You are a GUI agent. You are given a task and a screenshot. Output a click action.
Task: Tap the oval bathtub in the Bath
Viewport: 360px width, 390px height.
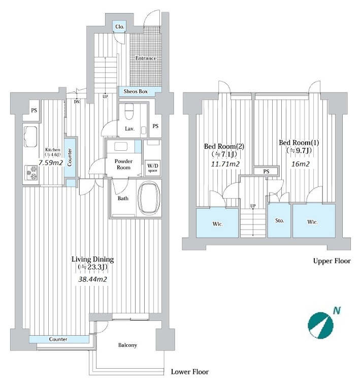(x=149, y=198)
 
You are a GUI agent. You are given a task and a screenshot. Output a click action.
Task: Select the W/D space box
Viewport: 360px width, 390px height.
(x=153, y=168)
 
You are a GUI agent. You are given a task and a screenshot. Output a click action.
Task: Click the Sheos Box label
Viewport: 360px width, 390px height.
(x=136, y=91)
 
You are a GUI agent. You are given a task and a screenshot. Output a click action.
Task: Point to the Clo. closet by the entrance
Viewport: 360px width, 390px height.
(x=120, y=26)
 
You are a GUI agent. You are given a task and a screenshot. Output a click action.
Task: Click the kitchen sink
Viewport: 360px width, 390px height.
(x=31, y=137)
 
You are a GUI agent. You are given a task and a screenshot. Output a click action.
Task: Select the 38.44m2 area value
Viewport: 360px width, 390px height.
(x=92, y=279)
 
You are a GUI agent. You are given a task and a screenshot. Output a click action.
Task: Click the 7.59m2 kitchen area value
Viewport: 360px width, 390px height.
(x=51, y=162)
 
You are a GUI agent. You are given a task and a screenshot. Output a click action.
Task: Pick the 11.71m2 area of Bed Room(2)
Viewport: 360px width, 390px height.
(x=225, y=164)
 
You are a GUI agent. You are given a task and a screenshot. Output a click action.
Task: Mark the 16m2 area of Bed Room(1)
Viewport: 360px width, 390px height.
(x=300, y=164)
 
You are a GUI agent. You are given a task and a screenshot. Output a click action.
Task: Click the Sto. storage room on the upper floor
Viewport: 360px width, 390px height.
(x=279, y=220)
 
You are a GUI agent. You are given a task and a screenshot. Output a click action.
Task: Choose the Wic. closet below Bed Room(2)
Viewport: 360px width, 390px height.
(x=217, y=223)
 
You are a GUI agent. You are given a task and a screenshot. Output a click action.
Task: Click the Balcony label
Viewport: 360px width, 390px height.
(x=127, y=345)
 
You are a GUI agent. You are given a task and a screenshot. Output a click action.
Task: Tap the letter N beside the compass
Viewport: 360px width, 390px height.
(x=337, y=310)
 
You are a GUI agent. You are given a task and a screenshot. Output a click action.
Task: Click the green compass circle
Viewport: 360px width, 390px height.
(x=320, y=325)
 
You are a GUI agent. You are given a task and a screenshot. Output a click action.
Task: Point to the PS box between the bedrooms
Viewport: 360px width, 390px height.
(x=266, y=171)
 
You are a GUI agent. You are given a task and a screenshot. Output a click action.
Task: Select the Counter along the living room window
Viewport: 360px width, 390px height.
(x=59, y=339)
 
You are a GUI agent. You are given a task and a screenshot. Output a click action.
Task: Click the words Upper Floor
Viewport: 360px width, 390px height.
(x=332, y=261)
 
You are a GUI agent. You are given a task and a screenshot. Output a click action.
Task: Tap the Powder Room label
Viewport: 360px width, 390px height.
(x=123, y=164)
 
